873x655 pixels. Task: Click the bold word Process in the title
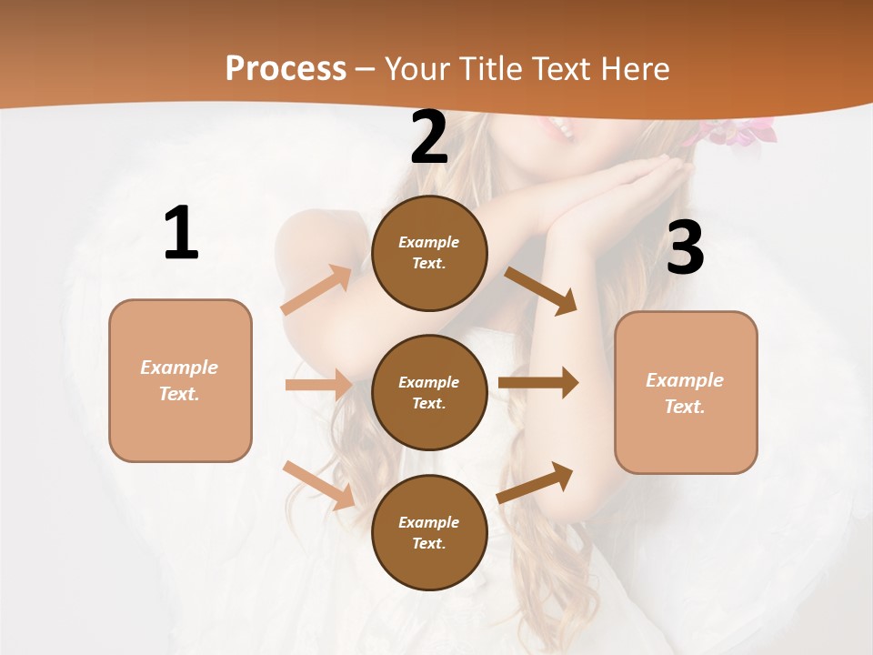[x=286, y=69]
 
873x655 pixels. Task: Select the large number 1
[x=181, y=234]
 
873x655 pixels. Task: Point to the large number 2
[x=429, y=137]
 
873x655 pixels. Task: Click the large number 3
[x=685, y=247]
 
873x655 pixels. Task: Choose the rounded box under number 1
[x=180, y=380]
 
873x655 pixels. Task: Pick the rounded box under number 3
[x=686, y=392]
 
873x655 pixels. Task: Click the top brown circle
[x=429, y=253]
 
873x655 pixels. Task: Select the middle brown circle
[x=429, y=392]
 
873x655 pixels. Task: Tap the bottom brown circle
[x=429, y=532]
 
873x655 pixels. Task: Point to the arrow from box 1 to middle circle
[x=318, y=385]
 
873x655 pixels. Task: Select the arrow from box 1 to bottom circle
[x=319, y=485]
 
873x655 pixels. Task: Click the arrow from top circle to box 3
[x=541, y=291]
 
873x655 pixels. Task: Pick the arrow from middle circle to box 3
[x=538, y=383]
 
